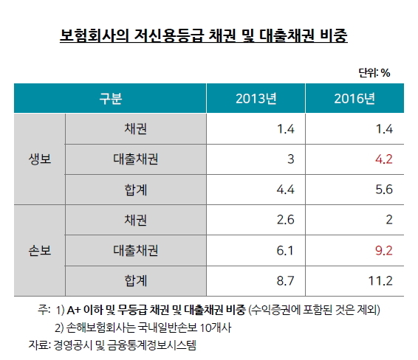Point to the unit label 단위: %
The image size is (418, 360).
coord(374,72)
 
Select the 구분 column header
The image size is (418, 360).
coord(110,99)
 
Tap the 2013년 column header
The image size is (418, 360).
coord(256,99)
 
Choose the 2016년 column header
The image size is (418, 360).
coord(354,99)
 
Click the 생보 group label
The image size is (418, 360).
coord(39,159)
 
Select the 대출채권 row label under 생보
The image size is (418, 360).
coord(136,159)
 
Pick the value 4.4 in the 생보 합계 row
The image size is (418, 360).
coord(286,189)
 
